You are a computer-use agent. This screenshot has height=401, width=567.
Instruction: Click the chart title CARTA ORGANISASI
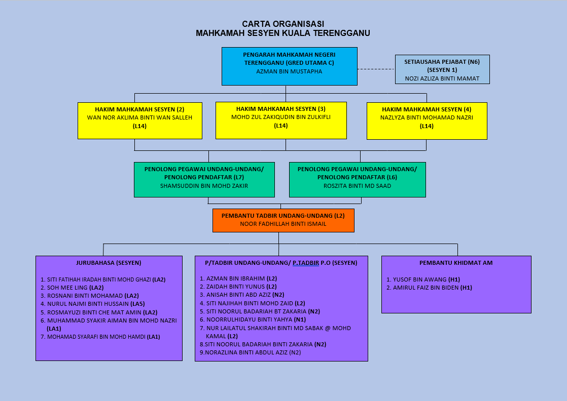point(283,24)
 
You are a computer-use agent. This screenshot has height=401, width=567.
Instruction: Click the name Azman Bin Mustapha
point(289,71)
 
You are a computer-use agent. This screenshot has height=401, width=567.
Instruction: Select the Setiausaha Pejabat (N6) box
point(442,69)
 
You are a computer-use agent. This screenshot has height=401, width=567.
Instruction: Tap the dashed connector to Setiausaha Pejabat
point(376,69)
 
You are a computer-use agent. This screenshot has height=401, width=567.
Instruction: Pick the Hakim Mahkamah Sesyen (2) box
point(139,121)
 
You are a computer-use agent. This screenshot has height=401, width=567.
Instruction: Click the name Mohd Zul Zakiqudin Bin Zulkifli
point(281,117)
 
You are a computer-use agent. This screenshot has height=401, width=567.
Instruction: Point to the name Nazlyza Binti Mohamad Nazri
point(427,117)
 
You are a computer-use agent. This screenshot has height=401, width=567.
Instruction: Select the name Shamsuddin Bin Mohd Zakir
point(204,186)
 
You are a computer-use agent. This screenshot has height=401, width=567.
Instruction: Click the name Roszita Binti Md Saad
point(358,186)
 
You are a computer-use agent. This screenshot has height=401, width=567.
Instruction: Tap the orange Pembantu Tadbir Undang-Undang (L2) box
point(283,220)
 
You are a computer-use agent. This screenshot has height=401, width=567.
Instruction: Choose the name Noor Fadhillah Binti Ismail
point(283,224)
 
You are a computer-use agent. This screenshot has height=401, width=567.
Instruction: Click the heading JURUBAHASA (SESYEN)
point(109,263)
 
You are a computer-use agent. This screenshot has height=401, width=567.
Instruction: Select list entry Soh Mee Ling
point(68,288)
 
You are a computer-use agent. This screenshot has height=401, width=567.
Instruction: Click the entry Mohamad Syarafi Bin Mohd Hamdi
point(96,337)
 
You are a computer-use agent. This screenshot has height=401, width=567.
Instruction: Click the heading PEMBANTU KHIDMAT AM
point(456,263)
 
